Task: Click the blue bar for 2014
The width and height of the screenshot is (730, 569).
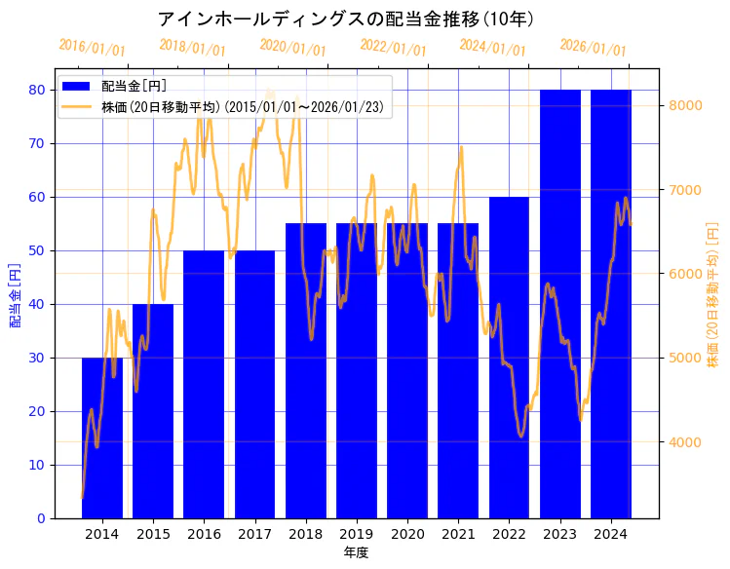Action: (x=102, y=438)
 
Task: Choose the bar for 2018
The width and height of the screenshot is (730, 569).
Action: (x=306, y=371)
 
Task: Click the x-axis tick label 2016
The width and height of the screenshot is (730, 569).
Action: (x=204, y=534)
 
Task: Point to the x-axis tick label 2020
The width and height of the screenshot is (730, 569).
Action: (x=407, y=534)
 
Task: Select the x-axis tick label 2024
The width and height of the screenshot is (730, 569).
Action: (x=610, y=534)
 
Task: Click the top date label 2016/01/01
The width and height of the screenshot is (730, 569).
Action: (x=93, y=48)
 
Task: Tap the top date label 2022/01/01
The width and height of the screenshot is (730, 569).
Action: (x=394, y=48)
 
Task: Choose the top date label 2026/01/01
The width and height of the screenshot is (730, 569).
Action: (x=594, y=48)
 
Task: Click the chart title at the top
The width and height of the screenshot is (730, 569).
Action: (x=345, y=19)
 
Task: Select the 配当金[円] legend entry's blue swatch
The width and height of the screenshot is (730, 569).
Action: (x=77, y=87)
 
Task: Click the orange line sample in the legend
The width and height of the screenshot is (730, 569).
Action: (x=77, y=106)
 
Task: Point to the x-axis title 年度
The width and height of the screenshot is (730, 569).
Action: (x=356, y=552)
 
